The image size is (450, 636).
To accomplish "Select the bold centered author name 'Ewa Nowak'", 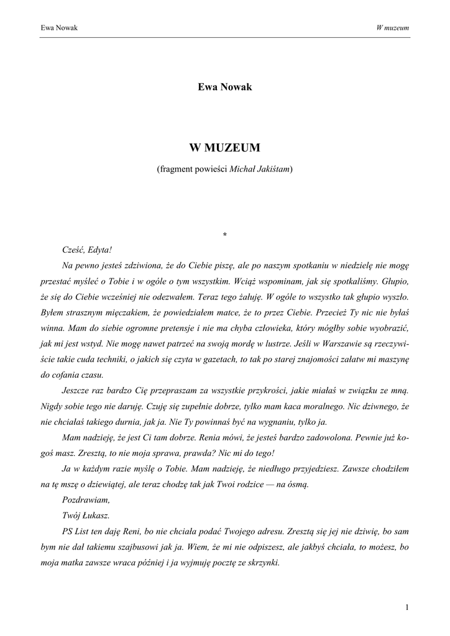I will (x=224, y=87).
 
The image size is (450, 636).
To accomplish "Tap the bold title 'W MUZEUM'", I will (x=224, y=148).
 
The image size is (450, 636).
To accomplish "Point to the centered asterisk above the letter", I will (x=224, y=234).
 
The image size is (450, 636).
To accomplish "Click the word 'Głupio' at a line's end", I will (x=393, y=281).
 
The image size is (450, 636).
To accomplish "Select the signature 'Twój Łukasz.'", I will (x=86, y=516).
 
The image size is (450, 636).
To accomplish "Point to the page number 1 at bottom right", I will (x=406, y=606).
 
